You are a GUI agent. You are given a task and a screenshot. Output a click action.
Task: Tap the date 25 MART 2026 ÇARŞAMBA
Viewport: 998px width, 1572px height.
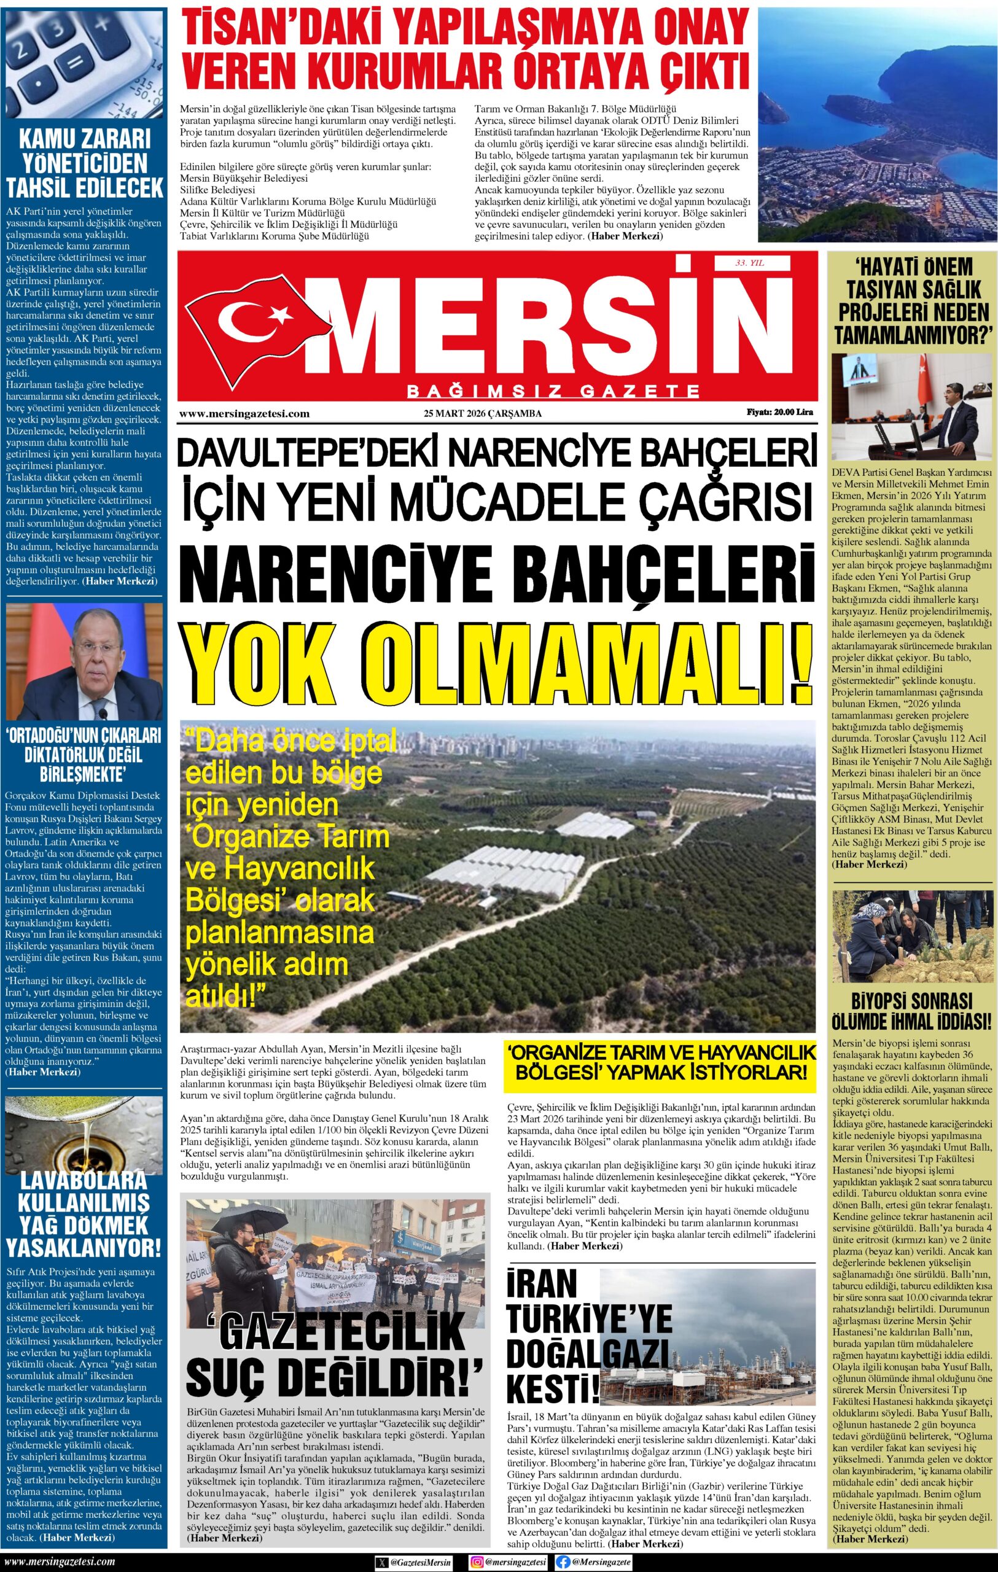(x=483, y=413)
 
